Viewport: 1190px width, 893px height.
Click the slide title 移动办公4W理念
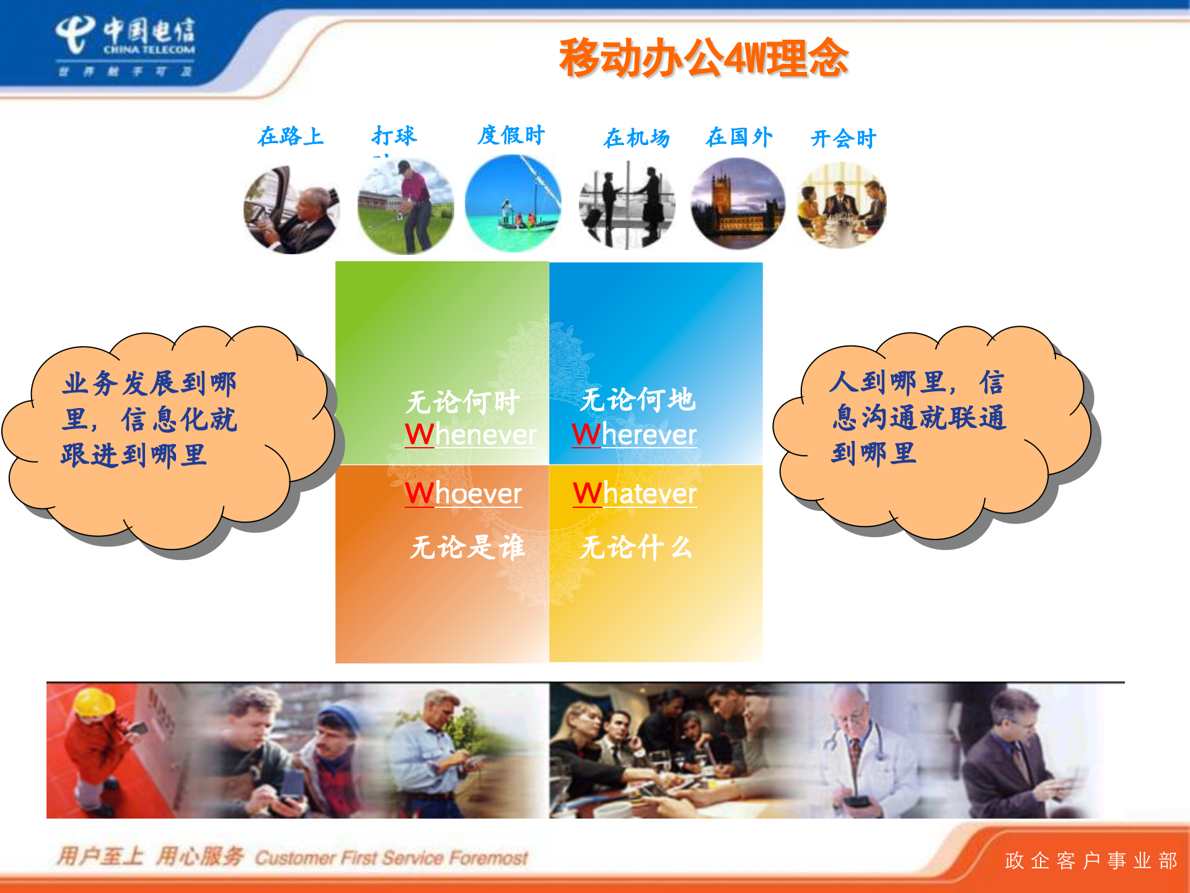click(x=703, y=58)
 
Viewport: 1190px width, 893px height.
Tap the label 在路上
click(x=291, y=136)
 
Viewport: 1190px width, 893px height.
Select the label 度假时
click(x=511, y=135)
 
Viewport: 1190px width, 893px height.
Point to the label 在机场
click(x=637, y=138)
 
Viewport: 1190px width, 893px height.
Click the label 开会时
click(x=843, y=139)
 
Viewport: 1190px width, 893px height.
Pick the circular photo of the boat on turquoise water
click(x=513, y=203)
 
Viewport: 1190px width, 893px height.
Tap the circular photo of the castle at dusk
click(x=738, y=204)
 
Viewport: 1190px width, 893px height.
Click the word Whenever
click(x=470, y=435)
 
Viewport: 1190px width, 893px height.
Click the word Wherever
click(x=634, y=435)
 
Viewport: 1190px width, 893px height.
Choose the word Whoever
click(x=463, y=494)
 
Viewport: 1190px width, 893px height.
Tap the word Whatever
click(x=635, y=494)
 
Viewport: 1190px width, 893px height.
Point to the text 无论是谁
click(x=467, y=548)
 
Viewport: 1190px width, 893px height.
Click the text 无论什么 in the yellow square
click(x=636, y=548)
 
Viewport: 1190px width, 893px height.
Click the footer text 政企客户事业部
click(x=1090, y=861)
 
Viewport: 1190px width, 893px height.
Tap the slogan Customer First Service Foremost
click(x=391, y=858)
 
